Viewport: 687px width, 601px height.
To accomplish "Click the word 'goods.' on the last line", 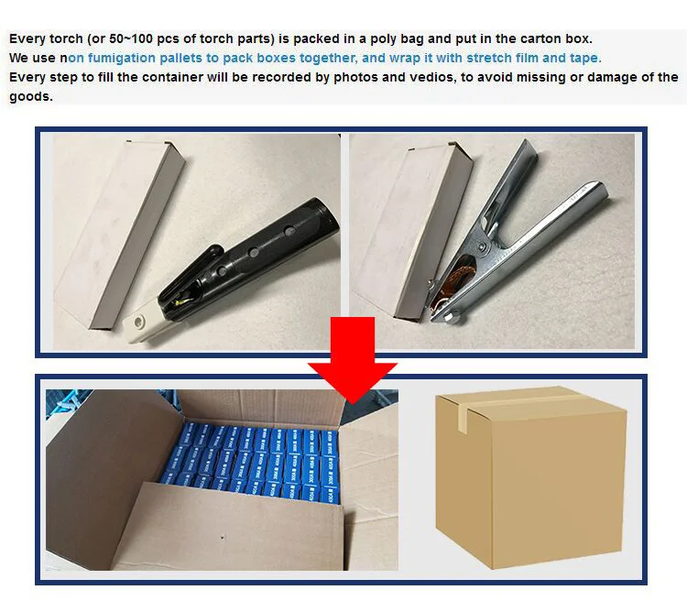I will point(31,95).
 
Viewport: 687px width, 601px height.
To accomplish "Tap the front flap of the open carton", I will point(229,531).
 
